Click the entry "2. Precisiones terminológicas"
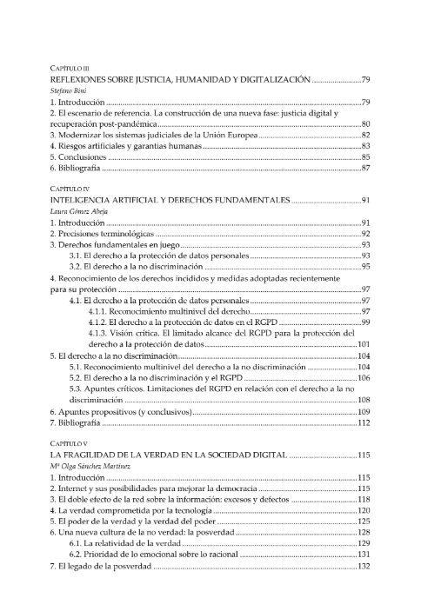[x=103, y=233]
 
